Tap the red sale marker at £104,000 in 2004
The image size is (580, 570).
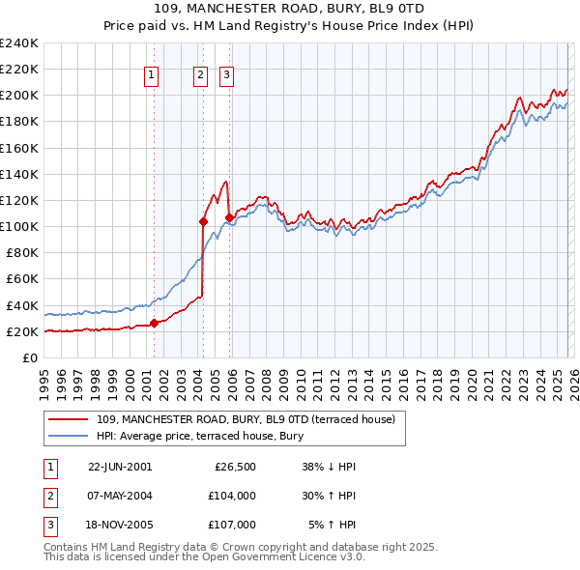point(204,221)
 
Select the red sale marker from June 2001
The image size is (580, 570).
point(155,323)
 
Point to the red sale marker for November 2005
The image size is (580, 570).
point(230,217)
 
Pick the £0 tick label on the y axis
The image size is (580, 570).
point(30,357)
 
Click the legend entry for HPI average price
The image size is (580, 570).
point(200,437)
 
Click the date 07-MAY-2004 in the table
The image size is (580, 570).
point(120,495)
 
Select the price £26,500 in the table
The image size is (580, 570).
point(234,467)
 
